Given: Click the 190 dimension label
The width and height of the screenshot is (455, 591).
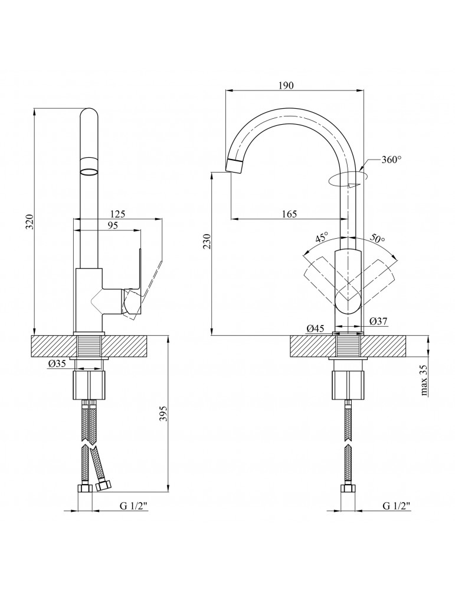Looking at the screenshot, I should (286, 85).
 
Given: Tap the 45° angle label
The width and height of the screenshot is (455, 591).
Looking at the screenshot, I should (322, 238).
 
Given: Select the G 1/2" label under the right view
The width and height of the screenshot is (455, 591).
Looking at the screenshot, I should (397, 506).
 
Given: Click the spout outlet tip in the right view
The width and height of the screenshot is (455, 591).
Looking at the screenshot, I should (234, 165).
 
